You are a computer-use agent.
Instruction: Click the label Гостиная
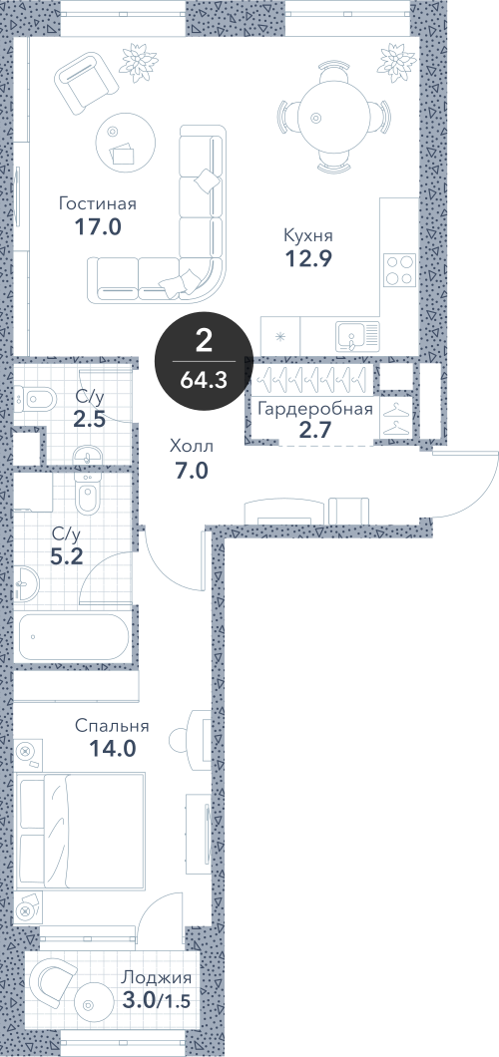[x=98, y=203]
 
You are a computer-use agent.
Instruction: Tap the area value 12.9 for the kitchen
[x=308, y=257]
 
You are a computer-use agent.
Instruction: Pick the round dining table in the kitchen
[x=333, y=117]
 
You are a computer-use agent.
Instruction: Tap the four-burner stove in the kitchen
[x=399, y=269]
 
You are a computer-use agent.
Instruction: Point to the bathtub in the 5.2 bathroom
[x=74, y=637]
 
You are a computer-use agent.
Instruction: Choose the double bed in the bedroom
[x=80, y=832]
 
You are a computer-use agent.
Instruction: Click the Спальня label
[x=112, y=727]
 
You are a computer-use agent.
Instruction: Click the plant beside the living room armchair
[x=139, y=61]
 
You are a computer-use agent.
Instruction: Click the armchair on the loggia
[x=54, y=978]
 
